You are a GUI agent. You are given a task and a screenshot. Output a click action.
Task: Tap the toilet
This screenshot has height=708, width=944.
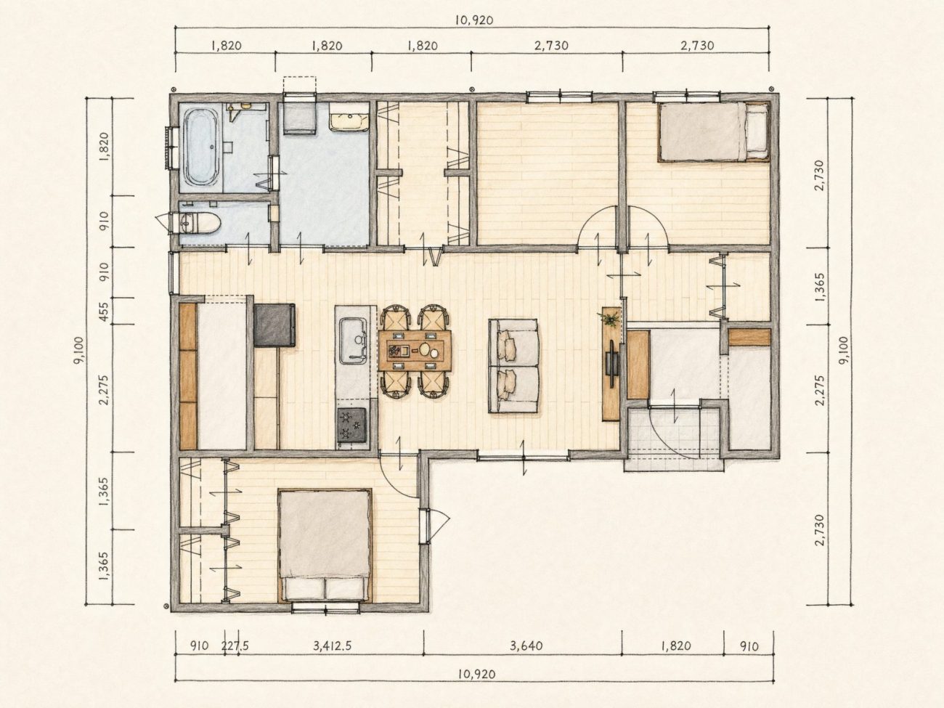coord(199,224)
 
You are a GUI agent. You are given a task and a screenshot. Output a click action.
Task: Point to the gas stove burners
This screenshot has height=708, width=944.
coord(351,424)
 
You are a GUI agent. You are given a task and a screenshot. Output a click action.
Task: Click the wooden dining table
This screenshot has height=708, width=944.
coord(415,349)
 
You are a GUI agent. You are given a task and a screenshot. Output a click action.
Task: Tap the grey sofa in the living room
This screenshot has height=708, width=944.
coord(513,366)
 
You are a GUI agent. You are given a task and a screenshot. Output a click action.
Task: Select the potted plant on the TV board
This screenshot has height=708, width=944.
coord(610,320)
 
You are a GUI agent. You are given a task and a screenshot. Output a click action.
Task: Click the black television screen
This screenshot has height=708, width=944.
coord(611,363)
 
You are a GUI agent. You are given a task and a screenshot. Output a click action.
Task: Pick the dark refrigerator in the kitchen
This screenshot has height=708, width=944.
coord(274,325)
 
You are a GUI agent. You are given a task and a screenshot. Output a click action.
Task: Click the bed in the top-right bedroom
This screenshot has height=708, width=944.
coord(714,131)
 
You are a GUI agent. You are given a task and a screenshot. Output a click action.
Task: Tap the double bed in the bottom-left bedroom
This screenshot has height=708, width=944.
coord(325,545)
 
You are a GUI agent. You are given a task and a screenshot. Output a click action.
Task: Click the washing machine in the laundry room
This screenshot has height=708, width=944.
coord(299,118)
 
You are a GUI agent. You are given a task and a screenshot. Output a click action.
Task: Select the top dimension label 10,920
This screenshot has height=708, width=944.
coord(474,20)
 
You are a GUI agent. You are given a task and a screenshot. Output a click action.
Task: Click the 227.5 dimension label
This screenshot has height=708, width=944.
coord(235,646)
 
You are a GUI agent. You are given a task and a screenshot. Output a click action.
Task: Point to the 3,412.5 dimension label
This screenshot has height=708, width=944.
coord(333,646)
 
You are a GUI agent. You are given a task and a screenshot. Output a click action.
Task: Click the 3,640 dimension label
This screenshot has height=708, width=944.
coord(526,646)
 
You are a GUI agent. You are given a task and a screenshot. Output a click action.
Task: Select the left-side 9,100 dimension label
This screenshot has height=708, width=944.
coord(79,350)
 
